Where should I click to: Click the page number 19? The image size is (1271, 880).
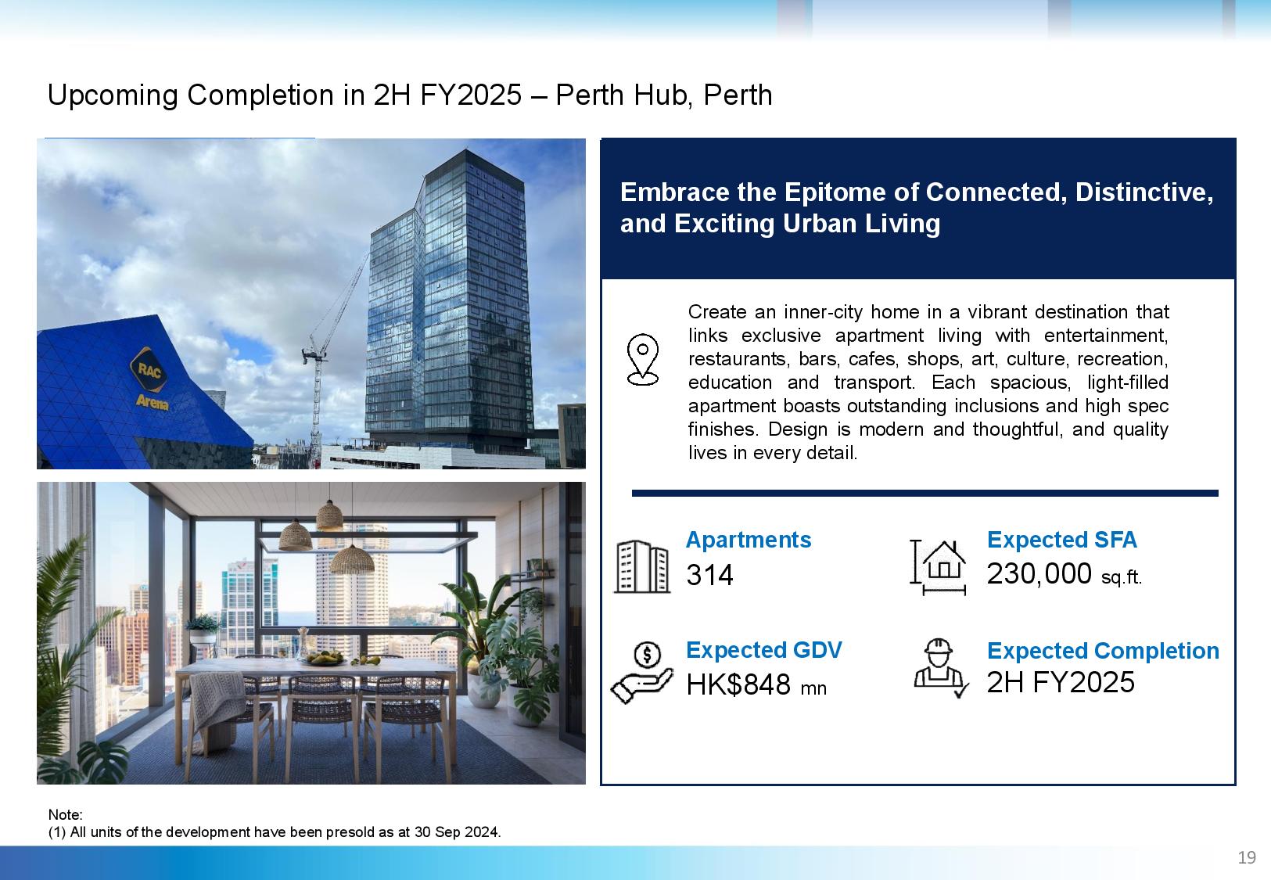tap(1247, 857)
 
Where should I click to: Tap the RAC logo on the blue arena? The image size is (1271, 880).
tap(149, 371)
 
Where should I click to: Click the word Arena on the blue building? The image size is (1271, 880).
tap(152, 402)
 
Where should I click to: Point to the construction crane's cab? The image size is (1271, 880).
tap(313, 355)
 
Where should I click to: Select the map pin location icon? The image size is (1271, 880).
tap(642, 360)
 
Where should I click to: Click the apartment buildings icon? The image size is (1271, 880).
tap(642, 566)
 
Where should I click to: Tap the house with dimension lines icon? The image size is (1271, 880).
tap(938, 567)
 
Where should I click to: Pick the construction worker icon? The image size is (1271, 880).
tap(941, 668)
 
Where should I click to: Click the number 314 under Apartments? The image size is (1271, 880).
tap(709, 575)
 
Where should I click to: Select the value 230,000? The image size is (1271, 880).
tap(1039, 573)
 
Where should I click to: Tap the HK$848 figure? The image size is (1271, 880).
tap(738, 684)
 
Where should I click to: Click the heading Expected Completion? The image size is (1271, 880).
tap(1103, 651)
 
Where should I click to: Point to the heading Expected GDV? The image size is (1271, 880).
tap(763, 650)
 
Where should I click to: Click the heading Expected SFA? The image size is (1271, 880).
tap(1061, 540)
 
